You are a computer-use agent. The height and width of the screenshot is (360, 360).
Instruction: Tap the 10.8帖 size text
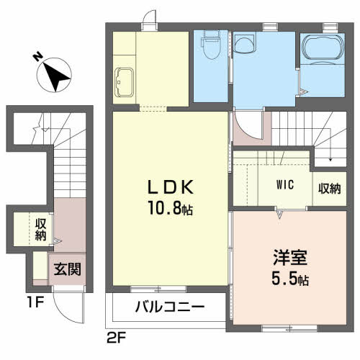(x=171, y=210)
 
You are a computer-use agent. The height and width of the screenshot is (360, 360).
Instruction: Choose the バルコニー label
(x=170, y=307)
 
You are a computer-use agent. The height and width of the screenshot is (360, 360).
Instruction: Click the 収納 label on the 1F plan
(x=41, y=230)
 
